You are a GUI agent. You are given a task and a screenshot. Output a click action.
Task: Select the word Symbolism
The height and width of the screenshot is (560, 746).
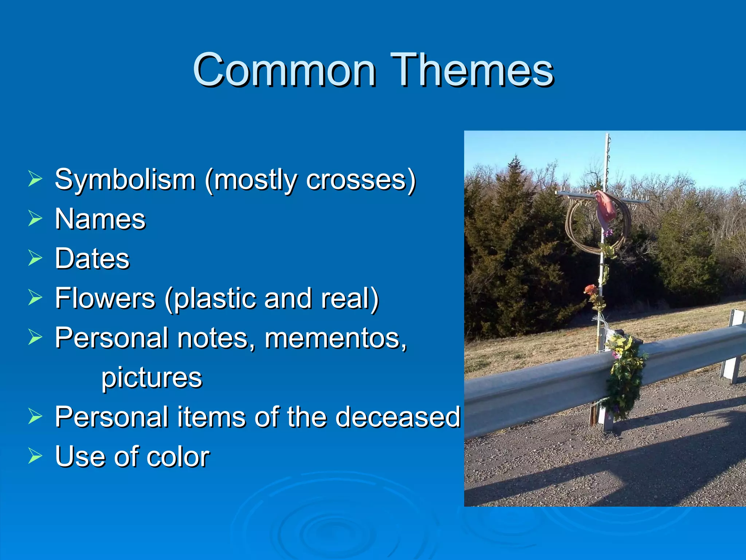point(125,180)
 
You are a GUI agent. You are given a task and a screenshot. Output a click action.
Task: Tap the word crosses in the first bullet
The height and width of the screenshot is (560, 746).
point(356,180)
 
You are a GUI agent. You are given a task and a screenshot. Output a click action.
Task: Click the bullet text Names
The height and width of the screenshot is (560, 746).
point(100,219)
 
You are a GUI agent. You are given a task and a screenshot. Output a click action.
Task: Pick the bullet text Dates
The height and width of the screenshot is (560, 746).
point(92,258)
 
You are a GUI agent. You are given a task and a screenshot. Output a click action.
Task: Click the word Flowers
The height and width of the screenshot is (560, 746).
point(105,298)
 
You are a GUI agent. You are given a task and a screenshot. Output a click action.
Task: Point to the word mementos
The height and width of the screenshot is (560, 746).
point(335,338)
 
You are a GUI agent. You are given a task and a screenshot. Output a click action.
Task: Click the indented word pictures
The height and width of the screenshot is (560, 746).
point(152,378)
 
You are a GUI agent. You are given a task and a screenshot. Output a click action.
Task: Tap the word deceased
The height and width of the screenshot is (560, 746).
point(398,417)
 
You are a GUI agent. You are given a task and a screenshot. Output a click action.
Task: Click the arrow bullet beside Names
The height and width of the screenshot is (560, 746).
point(35,219)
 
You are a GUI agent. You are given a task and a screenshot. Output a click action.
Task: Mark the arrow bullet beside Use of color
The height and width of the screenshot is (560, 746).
point(35,456)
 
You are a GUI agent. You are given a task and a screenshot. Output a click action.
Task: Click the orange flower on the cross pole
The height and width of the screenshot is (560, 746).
point(590,290)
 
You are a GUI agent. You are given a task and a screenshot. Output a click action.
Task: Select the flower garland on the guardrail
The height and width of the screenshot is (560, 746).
point(625,376)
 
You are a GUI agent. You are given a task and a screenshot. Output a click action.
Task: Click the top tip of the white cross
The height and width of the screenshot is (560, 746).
point(608,136)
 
